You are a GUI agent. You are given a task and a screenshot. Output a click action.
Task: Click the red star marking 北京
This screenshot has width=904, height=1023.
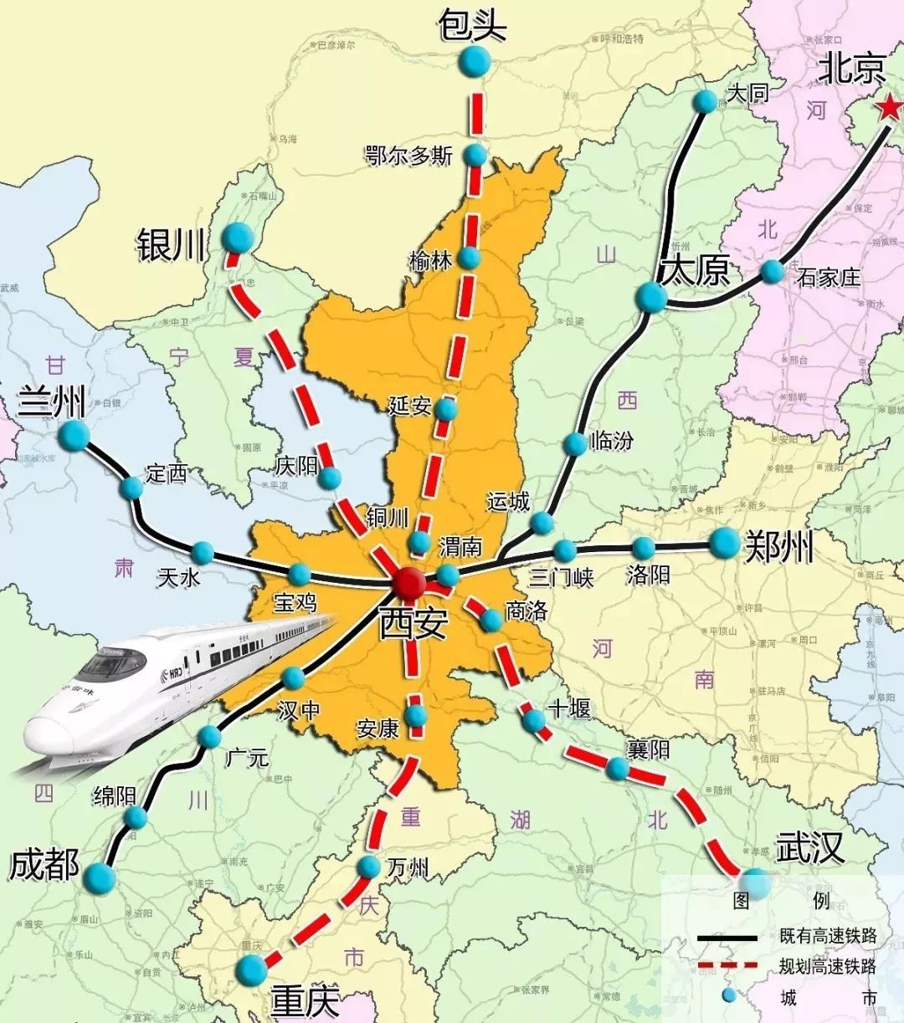pos(889,107)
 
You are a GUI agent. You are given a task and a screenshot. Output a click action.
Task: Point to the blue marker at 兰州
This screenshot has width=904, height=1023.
pos(74,434)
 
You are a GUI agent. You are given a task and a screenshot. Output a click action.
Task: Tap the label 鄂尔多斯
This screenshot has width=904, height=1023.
pos(409,156)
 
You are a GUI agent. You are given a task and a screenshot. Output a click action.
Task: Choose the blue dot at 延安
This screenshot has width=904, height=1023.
pos(447,410)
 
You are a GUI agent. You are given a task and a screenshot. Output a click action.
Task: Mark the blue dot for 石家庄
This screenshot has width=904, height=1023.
pos(773,272)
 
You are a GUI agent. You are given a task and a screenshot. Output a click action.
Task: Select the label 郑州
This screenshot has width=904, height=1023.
pos(778,548)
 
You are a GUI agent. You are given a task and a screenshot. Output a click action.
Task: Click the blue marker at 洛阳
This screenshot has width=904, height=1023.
pos(643,549)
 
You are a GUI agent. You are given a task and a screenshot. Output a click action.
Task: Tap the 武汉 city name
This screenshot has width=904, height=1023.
pos(809,848)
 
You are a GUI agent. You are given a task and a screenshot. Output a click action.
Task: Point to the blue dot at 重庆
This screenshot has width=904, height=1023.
pos(251,969)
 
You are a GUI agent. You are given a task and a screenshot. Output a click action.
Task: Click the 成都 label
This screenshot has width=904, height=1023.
pos(44,865)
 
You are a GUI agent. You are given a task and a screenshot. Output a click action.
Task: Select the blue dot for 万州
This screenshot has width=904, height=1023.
pos(369,867)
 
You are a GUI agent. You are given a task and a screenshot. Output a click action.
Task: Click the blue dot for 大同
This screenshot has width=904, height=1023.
pos(706,102)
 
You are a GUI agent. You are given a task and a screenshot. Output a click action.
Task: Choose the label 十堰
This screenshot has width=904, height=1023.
pos(569,709)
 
